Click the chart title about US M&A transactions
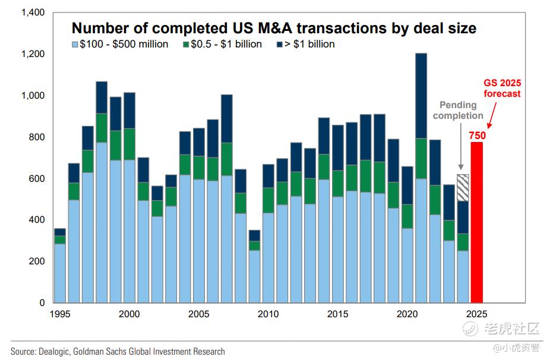click(274, 28)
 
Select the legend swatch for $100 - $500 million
click(75, 45)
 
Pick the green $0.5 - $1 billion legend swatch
click(185, 45)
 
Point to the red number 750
click(476, 136)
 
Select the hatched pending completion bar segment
click(462, 188)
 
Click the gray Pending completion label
click(458, 110)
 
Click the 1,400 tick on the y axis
click(33, 12)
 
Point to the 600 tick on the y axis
click(37, 178)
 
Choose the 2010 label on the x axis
click(268, 314)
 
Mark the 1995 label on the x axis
click(60, 314)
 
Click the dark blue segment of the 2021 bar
click(421, 96)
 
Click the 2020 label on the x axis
click(407, 314)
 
